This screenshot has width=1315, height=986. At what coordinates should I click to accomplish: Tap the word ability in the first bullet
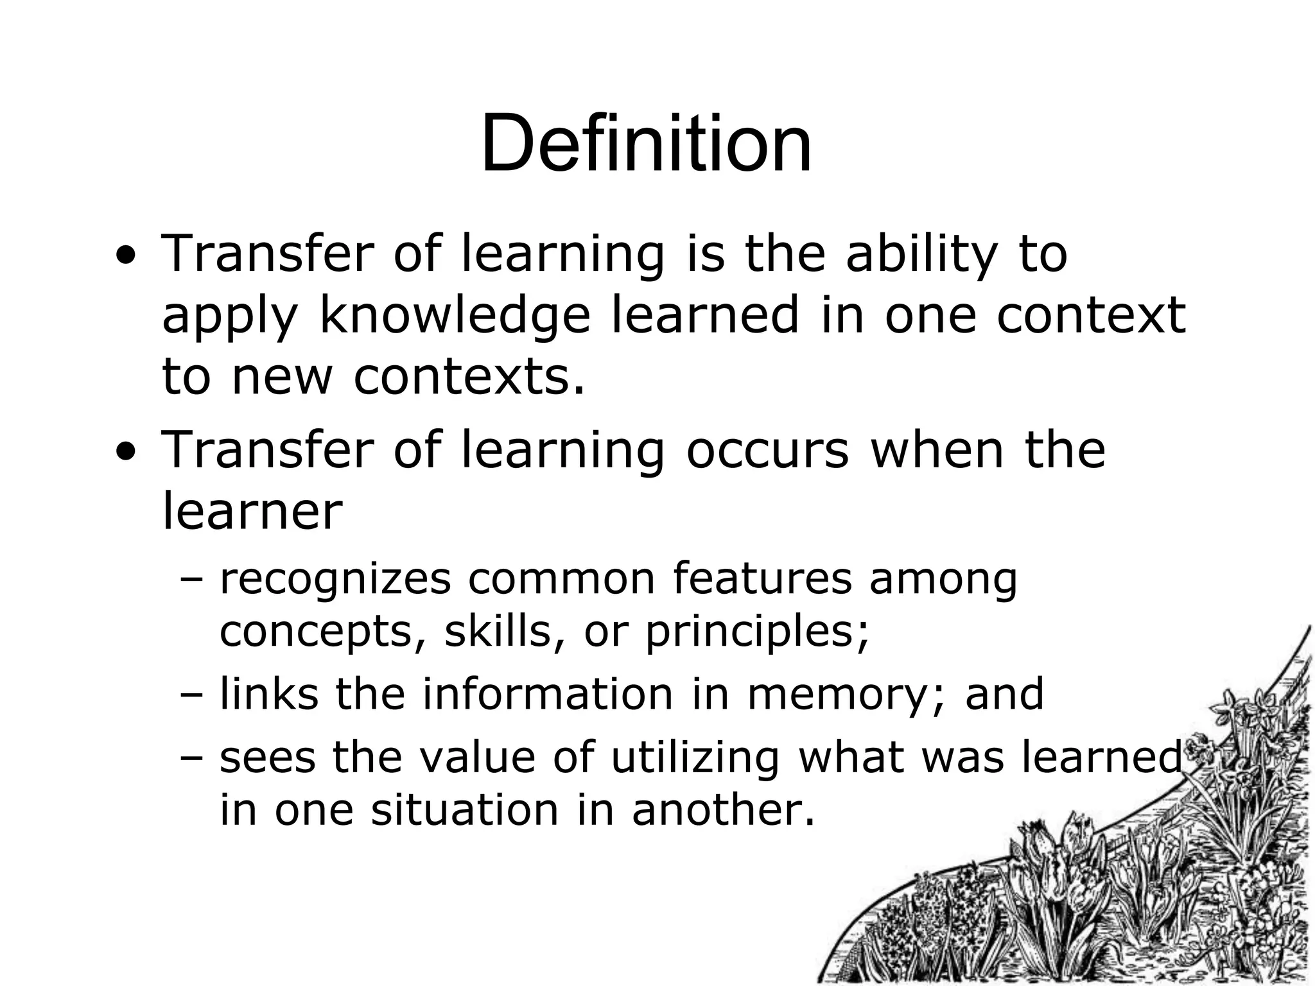click(x=921, y=254)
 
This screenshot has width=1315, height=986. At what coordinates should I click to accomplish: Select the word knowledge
click(x=454, y=316)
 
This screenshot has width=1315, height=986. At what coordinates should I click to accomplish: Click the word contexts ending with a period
click(x=469, y=377)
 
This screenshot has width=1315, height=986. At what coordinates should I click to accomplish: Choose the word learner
click(x=252, y=511)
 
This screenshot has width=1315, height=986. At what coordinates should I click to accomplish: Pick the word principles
click(x=756, y=633)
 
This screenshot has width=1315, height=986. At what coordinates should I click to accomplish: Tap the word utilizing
click(x=695, y=757)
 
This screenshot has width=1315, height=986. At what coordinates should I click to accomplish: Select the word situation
click(x=465, y=809)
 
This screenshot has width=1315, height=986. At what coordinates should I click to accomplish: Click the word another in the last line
click(x=723, y=809)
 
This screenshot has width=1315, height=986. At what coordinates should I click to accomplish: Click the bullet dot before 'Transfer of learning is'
click(x=126, y=257)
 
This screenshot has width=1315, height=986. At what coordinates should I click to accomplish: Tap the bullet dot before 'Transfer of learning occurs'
click(x=126, y=453)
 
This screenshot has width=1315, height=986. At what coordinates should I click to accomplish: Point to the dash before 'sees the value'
click(x=191, y=758)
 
